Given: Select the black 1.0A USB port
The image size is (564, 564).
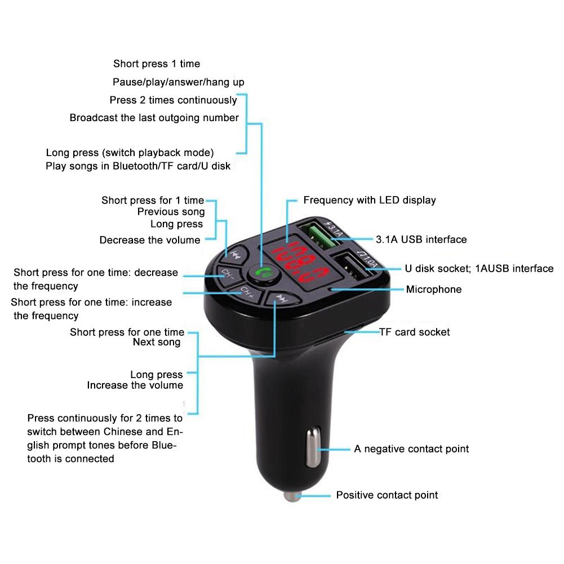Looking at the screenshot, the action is [x=352, y=265].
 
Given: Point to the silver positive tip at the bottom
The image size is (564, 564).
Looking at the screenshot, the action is [x=291, y=496].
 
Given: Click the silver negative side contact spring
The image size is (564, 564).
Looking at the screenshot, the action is [x=312, y=448].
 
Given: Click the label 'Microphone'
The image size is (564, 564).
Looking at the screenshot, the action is [x=433, y=290].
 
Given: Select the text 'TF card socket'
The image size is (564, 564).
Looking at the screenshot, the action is [x=414, y=332].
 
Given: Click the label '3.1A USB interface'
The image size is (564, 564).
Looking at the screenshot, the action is [x=421, y=239].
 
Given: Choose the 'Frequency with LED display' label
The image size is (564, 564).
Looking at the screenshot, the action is [x=369, y=200].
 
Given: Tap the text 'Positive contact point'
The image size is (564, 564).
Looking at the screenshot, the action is [x=387, y=495].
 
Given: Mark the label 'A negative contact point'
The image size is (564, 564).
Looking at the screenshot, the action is [x=411, y=449].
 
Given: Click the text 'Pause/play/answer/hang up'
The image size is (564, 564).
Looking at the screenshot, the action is [x=178, y=82].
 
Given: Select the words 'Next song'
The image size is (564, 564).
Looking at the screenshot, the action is [x=157, y=342].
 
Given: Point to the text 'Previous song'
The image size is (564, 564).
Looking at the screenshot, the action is [x=171, y=212].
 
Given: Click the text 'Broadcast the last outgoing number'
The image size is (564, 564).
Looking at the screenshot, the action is [x=154, y=118].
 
